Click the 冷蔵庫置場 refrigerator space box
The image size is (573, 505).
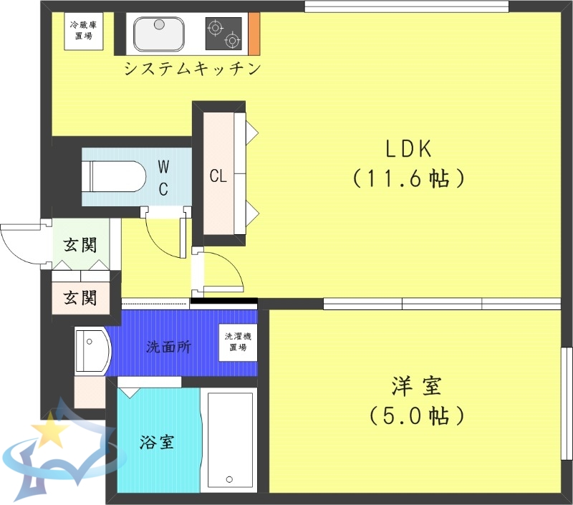(84, 32)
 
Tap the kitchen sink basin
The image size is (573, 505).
(159, 34)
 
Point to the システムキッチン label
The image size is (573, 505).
(191, 69)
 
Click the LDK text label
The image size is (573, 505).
(408, 149)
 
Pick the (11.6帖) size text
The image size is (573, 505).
(409, 178)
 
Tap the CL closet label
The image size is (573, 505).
(218, 176)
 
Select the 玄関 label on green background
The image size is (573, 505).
(80, 244)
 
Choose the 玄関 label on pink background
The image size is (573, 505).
(80, 296)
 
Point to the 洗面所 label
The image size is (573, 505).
(168, 347)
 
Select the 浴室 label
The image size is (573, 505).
(157, 441)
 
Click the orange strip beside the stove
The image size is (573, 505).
(254, 34)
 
